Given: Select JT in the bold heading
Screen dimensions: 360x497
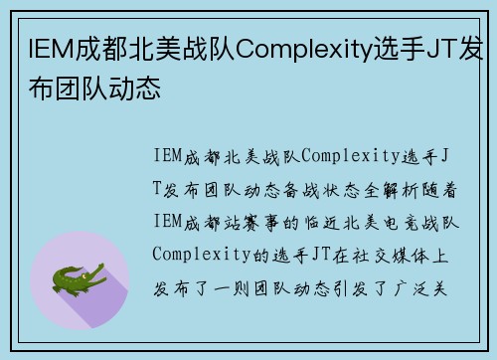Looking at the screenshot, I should (x=439, y=48).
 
